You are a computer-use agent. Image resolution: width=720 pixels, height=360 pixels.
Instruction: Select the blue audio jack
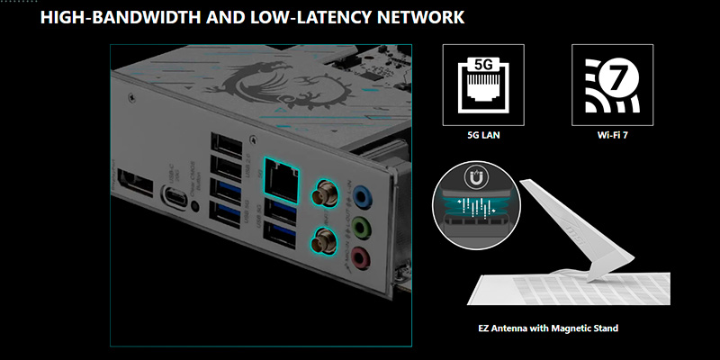(362, 195)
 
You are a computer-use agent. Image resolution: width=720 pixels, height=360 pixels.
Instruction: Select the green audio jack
(362, 226)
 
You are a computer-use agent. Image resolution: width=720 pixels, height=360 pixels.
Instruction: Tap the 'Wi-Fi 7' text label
(609, 139)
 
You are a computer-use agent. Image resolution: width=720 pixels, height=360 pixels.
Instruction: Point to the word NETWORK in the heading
(424, 16)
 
